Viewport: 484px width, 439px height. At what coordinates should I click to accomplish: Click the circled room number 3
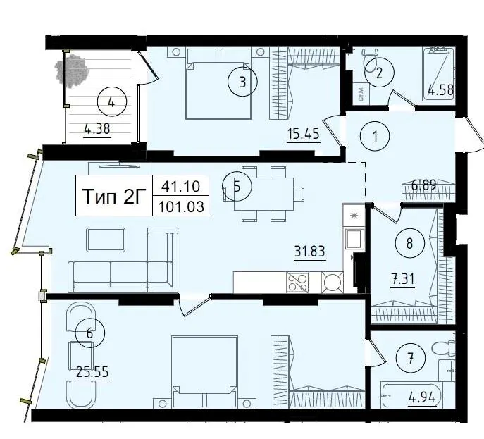(242, 82)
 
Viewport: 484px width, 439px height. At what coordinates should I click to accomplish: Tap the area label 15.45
(304, 135)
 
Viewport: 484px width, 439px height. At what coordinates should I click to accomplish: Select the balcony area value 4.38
(97, 129)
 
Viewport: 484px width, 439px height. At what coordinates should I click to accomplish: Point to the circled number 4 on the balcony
(112, 102)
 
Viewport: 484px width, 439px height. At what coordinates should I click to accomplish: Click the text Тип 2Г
(114, 196)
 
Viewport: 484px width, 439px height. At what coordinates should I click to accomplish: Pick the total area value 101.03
(181, 206)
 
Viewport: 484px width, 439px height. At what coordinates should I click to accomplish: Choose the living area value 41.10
(181, 186)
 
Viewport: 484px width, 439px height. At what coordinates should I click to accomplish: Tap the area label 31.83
(309, 252)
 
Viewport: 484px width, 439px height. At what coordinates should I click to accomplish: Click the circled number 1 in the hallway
(375, 136)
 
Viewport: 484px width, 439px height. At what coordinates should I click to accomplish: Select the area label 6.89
(424, 185)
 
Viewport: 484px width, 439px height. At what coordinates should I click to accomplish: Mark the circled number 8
(409, 243)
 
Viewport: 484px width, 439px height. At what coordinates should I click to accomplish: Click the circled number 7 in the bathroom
(411, 359)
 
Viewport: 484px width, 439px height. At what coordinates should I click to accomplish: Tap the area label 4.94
(421, 397)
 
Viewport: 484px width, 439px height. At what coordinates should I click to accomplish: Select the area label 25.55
(92, 372)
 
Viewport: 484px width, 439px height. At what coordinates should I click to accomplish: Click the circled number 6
(89, 333)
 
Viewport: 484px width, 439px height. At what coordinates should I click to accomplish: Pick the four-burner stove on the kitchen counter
(297, 282)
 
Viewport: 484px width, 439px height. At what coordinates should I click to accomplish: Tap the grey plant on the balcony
(72, 70)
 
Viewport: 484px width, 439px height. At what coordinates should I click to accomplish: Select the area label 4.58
(440, 90)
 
